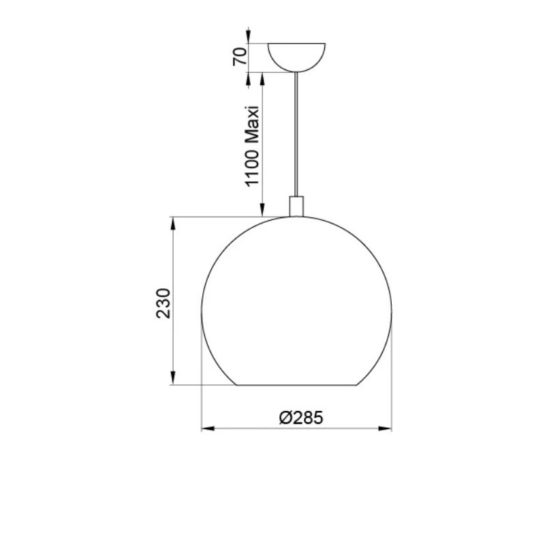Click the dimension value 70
click(x=239, y=57)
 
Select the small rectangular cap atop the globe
click(x=297, y=206)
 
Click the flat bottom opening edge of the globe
click(x=297, y=386)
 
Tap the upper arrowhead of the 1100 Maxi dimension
click(x=262, y=77)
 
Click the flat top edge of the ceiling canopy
click(x=297, y=44)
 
